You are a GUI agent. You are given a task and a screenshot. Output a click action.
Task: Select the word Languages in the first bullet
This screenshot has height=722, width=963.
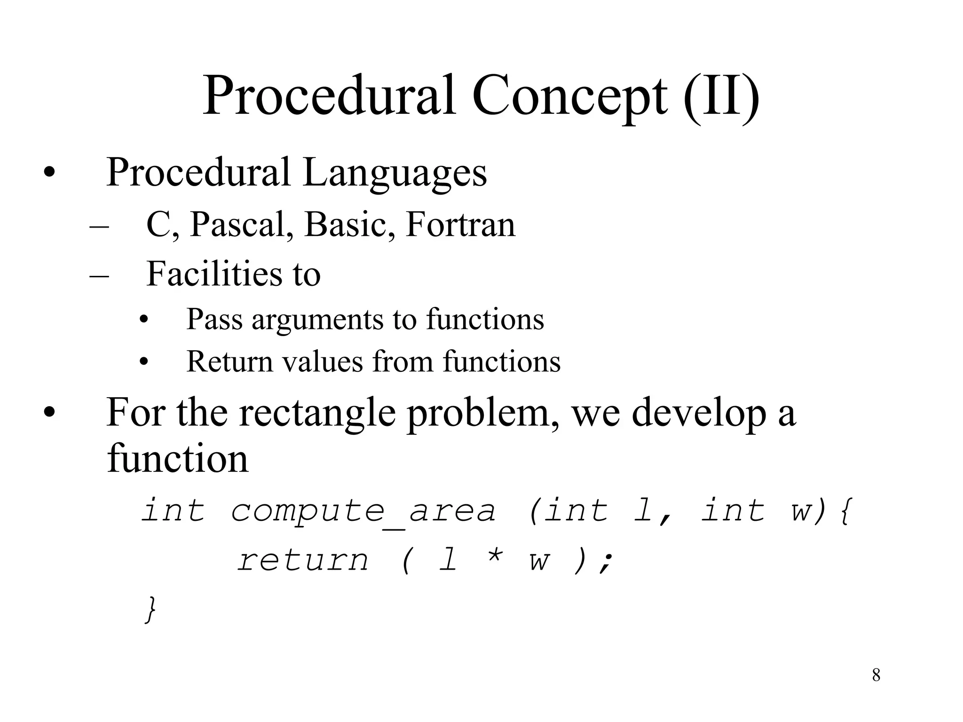(x=395, y=173)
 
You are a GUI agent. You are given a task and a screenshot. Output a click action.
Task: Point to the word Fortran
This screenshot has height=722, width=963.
(x=460, y=225)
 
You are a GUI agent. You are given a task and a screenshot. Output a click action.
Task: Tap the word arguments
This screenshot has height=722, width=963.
(x=318, y=319)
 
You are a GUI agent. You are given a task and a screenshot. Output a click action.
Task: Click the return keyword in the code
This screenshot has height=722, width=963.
(x=303, y=560)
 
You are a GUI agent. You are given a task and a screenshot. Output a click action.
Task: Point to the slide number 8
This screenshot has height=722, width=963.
(x=876, y=675)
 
